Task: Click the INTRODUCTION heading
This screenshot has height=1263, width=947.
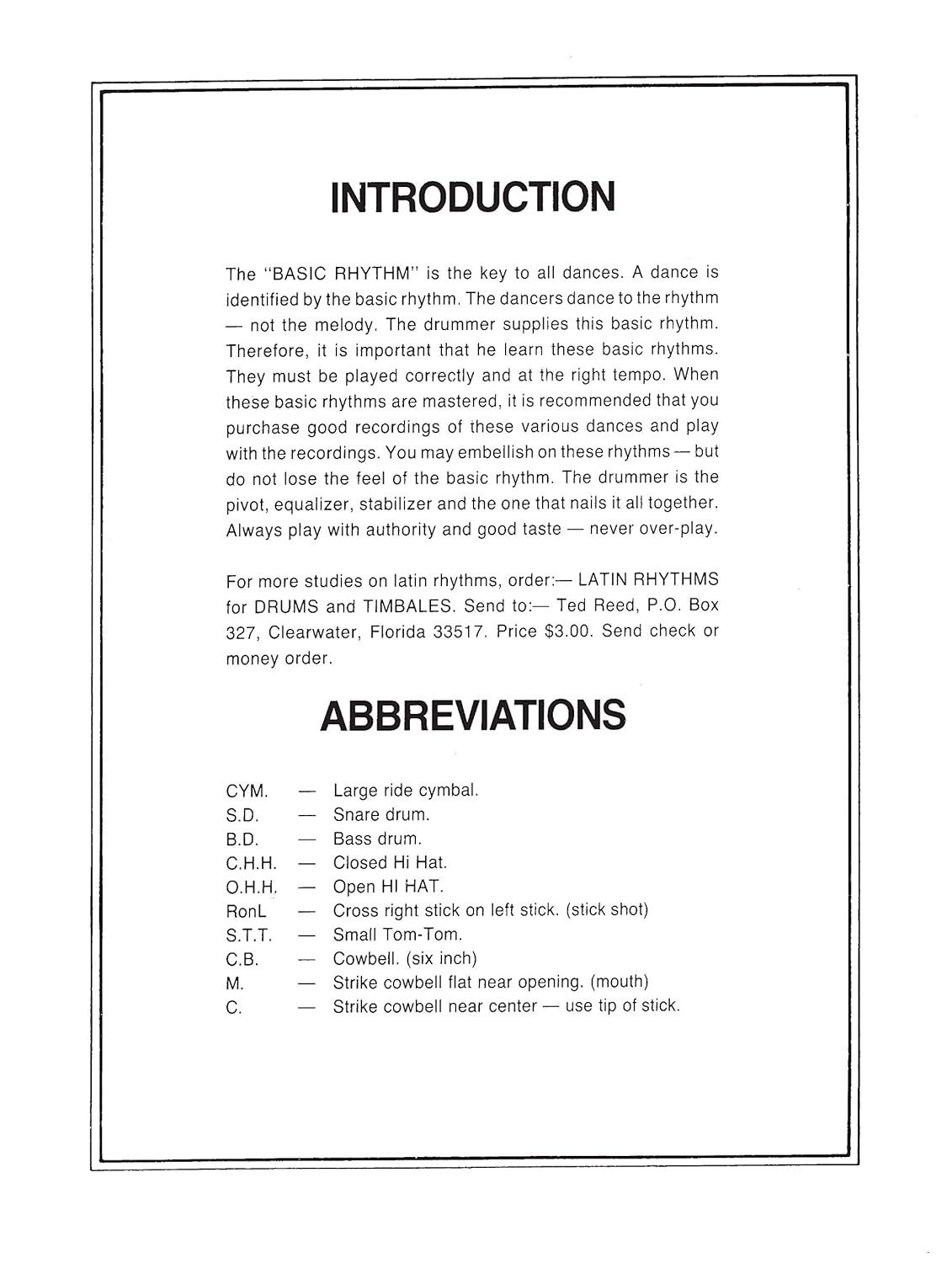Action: tap(473, 197)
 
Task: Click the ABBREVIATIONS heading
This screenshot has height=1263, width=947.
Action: tap(473, 716)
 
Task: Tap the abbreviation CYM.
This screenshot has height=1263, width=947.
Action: tap(247, 791)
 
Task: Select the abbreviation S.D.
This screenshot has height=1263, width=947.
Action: tap(242, 815)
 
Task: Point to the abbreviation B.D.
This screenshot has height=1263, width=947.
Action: tap(242, 839)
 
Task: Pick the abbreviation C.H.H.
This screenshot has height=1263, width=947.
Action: tap(251, 863)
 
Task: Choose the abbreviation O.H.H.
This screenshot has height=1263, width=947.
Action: tap(252, 887)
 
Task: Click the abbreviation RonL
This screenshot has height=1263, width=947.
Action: tap(246, 911)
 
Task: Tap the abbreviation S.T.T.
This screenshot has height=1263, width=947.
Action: tap(249, 935)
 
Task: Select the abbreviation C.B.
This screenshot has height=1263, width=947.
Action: tap(242, 959)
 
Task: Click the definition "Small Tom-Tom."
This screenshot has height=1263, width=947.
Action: tap(397, 935)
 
